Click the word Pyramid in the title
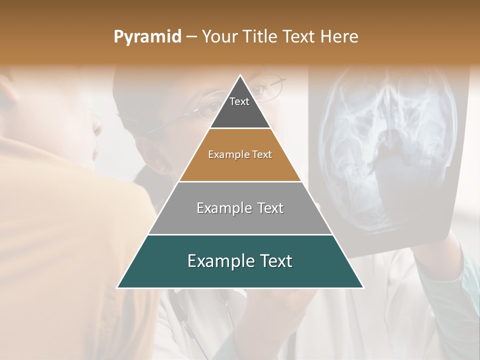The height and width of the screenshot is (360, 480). point(147,37)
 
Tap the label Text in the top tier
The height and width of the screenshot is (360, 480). point(239,101)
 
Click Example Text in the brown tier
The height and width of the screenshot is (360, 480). point(240,154)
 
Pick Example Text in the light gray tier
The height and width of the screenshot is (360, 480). point(240,208)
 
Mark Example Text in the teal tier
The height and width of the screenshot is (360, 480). point(240,261)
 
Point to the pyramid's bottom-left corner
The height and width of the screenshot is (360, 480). point(117,287)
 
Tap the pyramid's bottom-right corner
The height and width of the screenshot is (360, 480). point(363,287)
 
